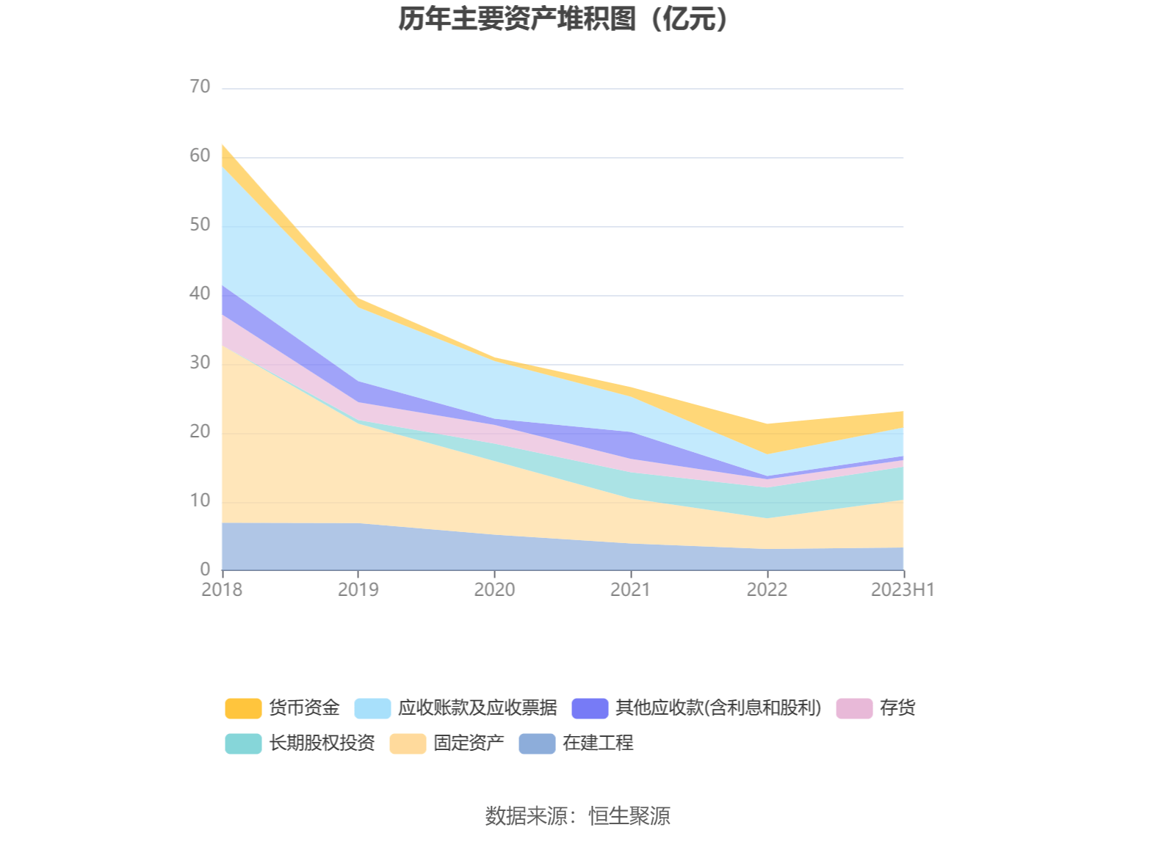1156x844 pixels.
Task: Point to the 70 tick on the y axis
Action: (x=200, y=87)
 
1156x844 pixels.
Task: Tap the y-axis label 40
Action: (x=200, y=294)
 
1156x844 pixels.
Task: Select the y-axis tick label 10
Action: (x=200, y=501)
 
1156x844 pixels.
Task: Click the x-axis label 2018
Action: (x=222, y=590)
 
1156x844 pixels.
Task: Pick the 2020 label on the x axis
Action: (x=494, y=590)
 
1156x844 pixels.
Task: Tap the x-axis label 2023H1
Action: (x=903, y=590)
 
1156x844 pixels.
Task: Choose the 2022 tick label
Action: (x=767, y=590)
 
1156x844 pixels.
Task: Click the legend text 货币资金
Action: (x=304, y=708)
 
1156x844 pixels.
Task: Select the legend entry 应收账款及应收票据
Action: (x=477, y=708)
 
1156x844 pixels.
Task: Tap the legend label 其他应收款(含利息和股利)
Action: (x=718, y=708)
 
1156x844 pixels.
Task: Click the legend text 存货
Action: (x=897, y=708)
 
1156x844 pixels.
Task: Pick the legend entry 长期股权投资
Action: (x=322, y=743)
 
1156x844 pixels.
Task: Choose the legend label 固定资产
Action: (x=469, y=743)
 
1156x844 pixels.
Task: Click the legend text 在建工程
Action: (x=598, y=743)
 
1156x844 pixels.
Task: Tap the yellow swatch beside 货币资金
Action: (x=243, y=708)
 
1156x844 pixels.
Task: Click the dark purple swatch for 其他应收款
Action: (x=590, y=708)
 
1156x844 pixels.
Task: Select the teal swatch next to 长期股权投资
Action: (x=243, y=743)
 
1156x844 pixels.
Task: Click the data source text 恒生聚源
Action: (x=629, y=816)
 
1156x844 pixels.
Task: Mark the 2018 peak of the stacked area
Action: (x=223, y=145)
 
